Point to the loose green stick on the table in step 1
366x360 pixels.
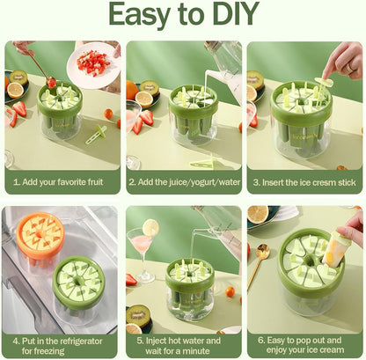point(95,135)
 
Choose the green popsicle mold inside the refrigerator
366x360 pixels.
point(78,280)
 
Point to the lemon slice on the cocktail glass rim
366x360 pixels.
point(150,227)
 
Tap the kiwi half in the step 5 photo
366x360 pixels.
point(138,313)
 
